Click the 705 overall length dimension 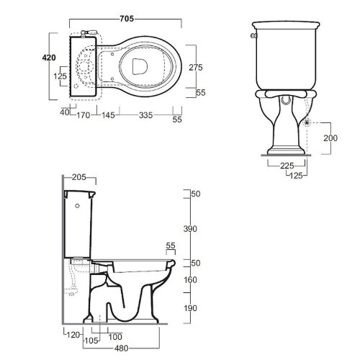(x=127, y=19)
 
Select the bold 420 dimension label (x=49, y=58)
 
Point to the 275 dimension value (x=196, y=68)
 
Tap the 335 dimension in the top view (x=145, y=115)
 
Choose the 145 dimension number (x=108, y=115)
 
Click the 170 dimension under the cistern (x=84, y=115)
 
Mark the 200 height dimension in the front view (x=330, y=138)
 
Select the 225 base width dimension (x=287, y=166)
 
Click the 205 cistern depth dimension (x=79, y=177)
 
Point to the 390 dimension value (x=190, y=229)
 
